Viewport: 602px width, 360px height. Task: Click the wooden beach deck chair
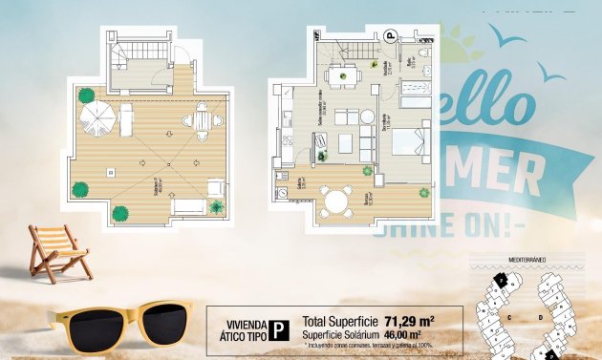pos(59,250)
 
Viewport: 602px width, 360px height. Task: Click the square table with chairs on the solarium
pos(202,120)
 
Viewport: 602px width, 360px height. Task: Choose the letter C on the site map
pos(511,316)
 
